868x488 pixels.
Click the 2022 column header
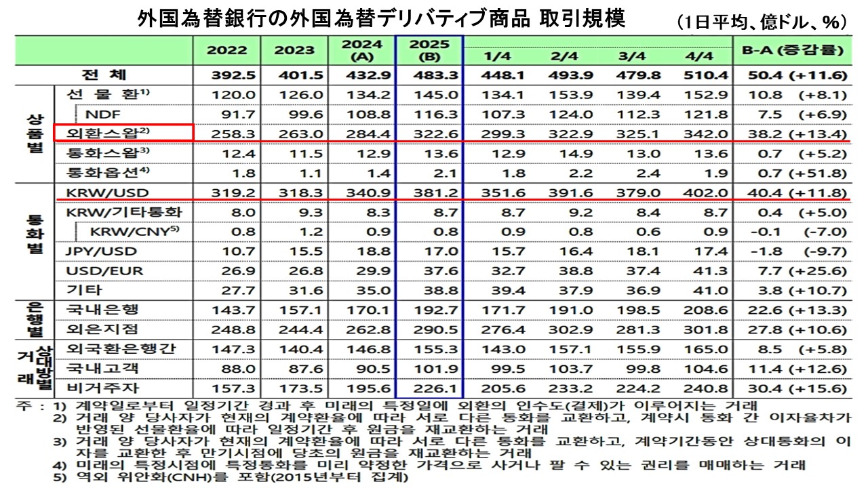point(226,50)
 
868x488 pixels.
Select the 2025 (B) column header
point(429,50)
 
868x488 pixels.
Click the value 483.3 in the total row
point(429,75)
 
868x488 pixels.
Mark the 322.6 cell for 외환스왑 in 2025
point(429,133)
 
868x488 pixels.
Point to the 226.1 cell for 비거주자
point(429,388)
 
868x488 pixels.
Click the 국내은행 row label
point(103,310)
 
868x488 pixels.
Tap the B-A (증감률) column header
point(791,50)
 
